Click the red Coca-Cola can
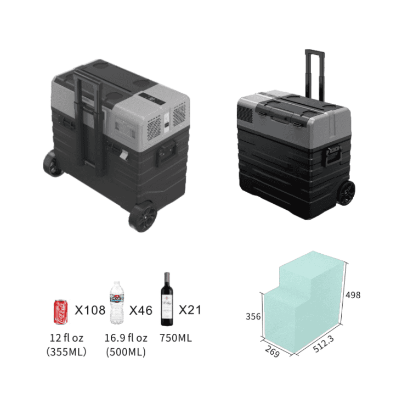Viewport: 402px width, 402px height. coord(61,312)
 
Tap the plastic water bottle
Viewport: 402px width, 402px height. coord(117,303)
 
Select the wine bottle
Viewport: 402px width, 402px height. coord(167,299)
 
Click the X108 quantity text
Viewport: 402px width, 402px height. coord(90,310)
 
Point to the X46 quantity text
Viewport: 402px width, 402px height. coord(141,310)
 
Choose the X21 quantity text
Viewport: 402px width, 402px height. coord(190,310)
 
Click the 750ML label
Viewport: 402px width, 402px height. coord(175,338)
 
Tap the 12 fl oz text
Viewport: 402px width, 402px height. coord(66,338)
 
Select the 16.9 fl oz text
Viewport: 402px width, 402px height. coord(126,338)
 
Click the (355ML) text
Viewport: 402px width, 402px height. coord(66,351)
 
